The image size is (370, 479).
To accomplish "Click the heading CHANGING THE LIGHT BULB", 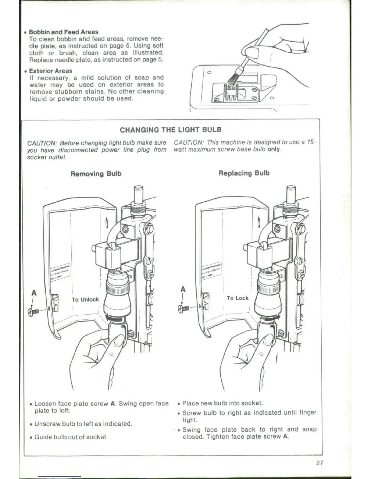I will click(x=170, y=130).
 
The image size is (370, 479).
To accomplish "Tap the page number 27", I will click(x=320, y=463).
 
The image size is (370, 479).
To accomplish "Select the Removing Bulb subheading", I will click(x=96, y=174).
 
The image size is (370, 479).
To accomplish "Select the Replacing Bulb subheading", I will click(x=244, y=173).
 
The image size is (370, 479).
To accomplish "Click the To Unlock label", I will click(x=85, y=299).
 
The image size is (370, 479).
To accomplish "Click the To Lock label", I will click(x=237, y=298).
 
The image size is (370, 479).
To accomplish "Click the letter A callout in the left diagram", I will click(x=34, y=293).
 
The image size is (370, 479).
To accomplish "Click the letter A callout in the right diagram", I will click(x=183, y=289).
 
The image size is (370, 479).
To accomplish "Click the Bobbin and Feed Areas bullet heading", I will click(x=63, y=32).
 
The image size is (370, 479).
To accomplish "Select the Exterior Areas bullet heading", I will click(x=50, y=71).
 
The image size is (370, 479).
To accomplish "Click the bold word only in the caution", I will click(x=274, y=150).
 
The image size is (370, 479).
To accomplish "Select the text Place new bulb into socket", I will click(x=222, y=403).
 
